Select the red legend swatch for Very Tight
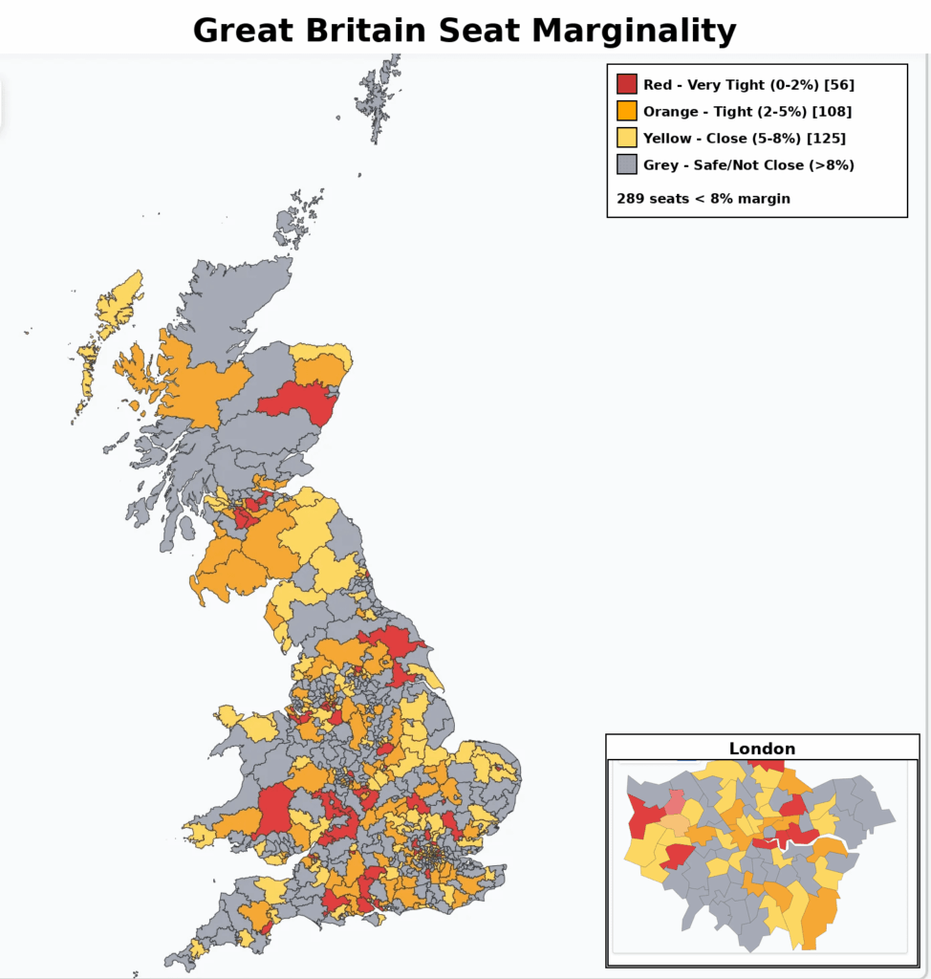coord(627,84)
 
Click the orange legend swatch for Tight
coord(627,111)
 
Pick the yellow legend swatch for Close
coord(627,138)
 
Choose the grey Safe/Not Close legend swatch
coord(627,164)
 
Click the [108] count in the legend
coord(832,111)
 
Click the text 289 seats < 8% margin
coord(704,199)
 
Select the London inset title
coord(762,749)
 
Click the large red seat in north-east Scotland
coord(302,400)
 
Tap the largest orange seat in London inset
coord(818,916)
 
